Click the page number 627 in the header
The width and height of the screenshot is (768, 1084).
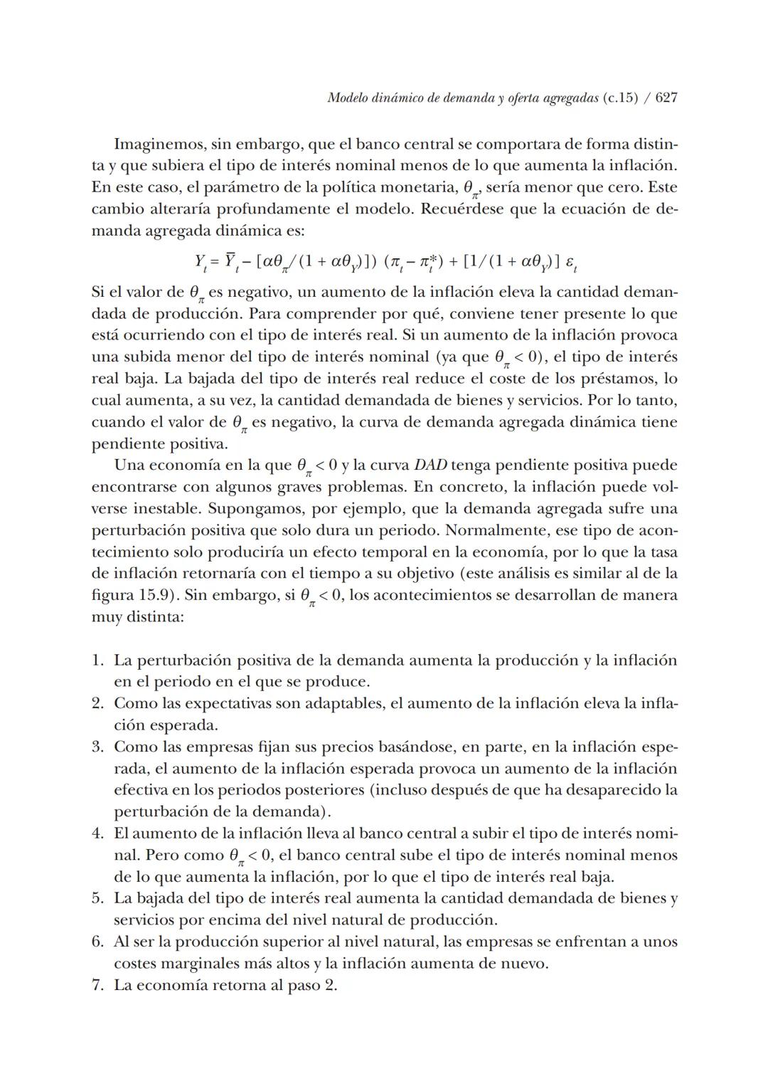click(x=666, y=98)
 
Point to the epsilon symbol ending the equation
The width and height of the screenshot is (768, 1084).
click(x=570, y=263)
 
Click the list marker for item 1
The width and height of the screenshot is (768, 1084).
click(x=97, y=661)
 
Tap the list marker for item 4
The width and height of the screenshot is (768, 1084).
click(x=97, y=833)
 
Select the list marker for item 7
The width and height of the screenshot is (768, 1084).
click(x=97, y=986)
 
